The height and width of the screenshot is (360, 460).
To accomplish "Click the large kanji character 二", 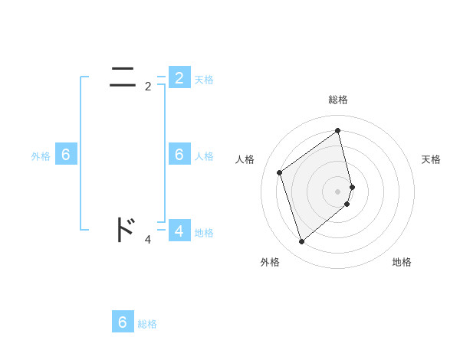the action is [x=123, y=77].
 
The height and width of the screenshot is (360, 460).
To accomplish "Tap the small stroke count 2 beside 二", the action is [x=148, y=87].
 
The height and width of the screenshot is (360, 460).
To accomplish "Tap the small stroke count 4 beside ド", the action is [x=148, y=240].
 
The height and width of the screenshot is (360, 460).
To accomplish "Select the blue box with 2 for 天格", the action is [x=179, y=78].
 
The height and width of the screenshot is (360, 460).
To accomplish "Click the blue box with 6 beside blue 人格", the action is [x=179, y=155].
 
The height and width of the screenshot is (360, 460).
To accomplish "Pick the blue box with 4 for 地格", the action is [x=179, y=231].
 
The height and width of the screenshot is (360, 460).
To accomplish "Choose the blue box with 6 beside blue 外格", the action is [x=65, y=155].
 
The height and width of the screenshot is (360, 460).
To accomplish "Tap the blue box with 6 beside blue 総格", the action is [x=123, y=322].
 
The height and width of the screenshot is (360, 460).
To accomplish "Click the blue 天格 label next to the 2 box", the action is [x=204, y=80].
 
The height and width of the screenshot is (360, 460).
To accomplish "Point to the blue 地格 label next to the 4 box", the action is [x=204, y=233].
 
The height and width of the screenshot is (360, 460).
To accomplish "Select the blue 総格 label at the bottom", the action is [x=147, y=324].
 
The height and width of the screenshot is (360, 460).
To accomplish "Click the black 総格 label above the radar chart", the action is [x=338, y=100].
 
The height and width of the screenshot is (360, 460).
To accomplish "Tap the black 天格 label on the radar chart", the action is [x=432, y=159].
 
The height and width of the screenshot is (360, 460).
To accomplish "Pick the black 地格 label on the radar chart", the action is [x=402, y=262].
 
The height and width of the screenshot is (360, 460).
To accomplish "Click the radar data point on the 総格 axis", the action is [x=338, y=130].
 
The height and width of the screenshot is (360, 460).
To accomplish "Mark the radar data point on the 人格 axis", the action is [x=280, y=172].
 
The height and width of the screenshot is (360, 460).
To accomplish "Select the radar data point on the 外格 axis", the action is [x=301, y=242].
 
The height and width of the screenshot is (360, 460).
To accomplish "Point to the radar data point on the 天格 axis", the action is [x=353, y=186].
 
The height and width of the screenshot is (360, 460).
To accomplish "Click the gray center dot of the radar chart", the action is [x=338, y=191].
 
